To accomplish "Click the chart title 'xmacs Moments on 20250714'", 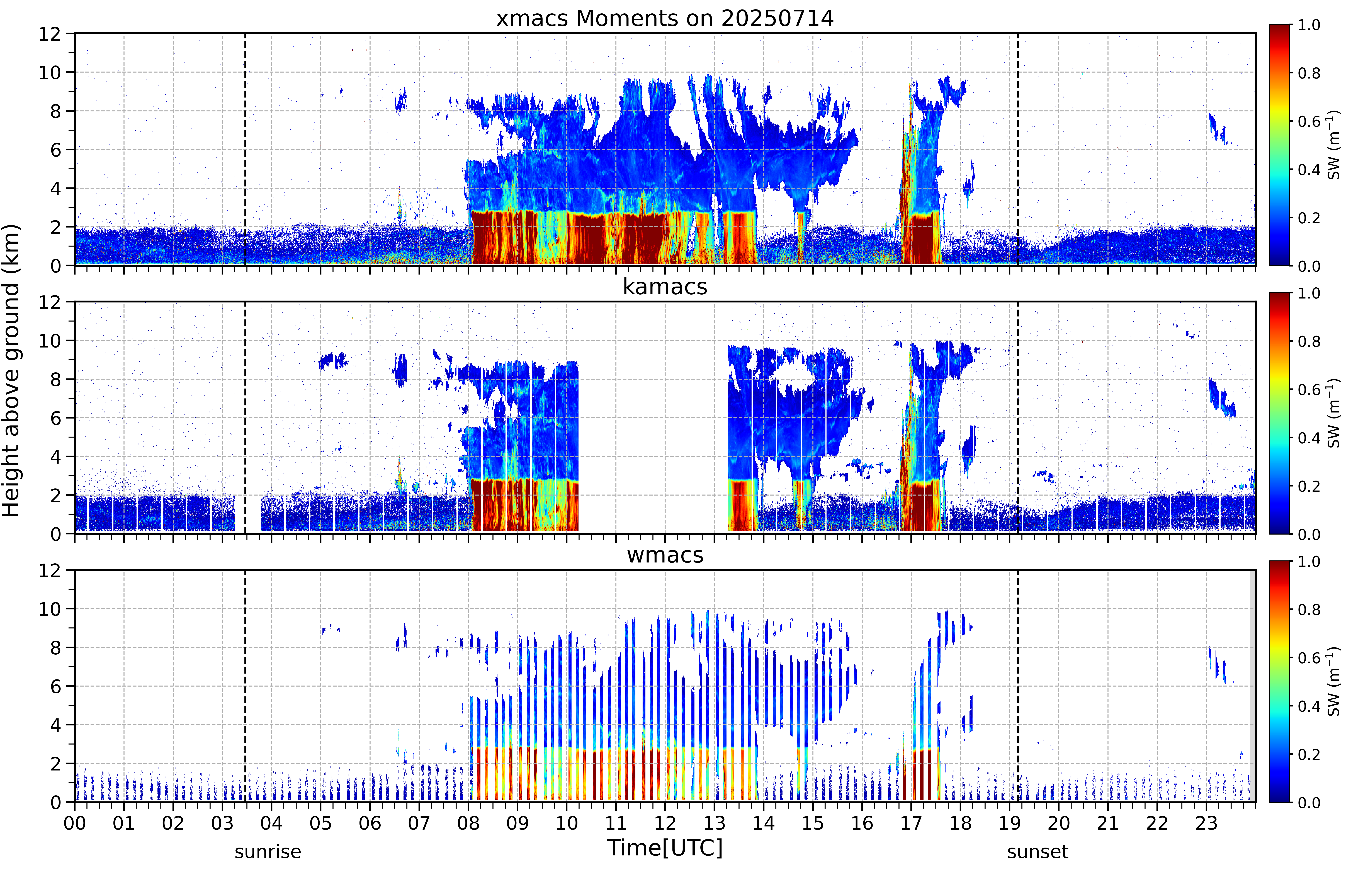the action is (x=665, y=19).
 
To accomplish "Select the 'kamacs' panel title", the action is (x=665, y=287).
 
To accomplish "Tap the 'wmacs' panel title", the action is (x=665, y=555).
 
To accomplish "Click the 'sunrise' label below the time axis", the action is (x=268, y=851).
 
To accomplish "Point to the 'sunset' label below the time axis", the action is (x=1037, y=851).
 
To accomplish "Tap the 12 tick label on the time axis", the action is (x=665, y=823).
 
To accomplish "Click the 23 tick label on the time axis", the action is (x=1206, y=823).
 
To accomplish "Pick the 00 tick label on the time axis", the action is (x=75, y=823).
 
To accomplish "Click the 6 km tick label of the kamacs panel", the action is (x=55, y=418).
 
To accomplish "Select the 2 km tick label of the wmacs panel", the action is (x=55, y=764).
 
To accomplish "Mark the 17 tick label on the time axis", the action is (x=911, y=823).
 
